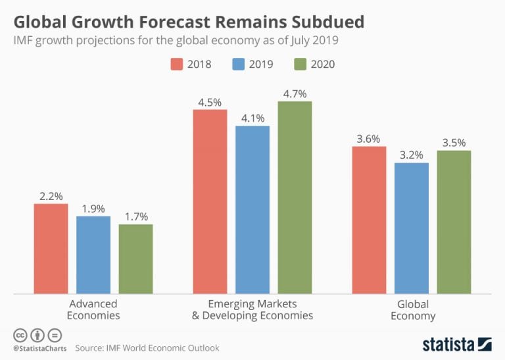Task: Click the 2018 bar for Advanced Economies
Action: [x=51, y=248]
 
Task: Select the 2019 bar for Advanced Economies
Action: [x=93, y=254]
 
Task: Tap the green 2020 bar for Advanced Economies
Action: [x=135, y=258]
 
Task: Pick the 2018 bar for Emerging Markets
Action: [x=210, y=201]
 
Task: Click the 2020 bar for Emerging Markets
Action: [x=295, y=197]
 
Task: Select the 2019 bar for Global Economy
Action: [x=412, y=228]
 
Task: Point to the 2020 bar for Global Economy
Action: [x=454, y=222]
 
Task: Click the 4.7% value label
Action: [x=295, y=93]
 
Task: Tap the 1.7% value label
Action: [x=135, y=217]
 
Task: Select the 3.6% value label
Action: [x=369, y=138]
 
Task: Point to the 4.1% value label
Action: [x=252, y=118]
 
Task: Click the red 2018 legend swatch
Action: [x=176, y=64]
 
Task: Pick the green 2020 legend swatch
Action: [x=299, y=64]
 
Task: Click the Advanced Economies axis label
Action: [x=93, y=309]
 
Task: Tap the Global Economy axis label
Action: [x=412, y=309]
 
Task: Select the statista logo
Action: [x=456, y=344]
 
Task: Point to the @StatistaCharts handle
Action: [x=39, y=347]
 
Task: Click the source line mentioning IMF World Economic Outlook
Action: [x=147, y=347]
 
